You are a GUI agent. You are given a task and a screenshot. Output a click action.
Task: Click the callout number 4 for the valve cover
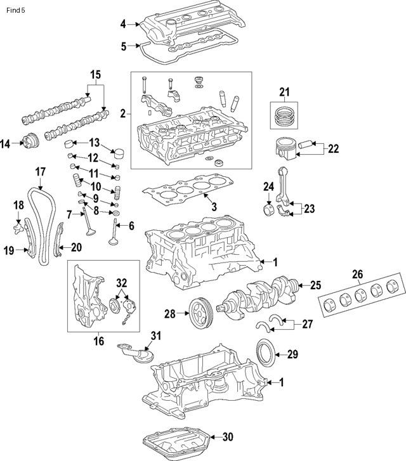point(123,24)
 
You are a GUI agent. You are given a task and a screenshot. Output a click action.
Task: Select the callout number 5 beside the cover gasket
point(123,45)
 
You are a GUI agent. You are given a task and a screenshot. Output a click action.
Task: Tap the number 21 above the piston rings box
point(284,93)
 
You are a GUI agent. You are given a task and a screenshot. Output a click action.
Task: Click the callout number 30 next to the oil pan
point(229,436)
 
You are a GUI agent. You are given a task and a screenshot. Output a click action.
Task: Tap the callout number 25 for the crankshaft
point(315,285)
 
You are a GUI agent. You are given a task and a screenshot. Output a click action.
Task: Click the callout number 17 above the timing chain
point(41,171)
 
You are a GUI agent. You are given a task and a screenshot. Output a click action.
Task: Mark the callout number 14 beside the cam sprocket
point(6,144)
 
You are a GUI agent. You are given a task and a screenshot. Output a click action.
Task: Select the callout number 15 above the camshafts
point(95,75)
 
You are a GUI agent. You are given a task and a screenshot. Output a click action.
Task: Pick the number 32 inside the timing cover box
point(122,282)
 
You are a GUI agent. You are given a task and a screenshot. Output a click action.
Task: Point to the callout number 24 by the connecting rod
point(268,186)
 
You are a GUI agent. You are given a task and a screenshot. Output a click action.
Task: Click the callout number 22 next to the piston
point(334,150)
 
